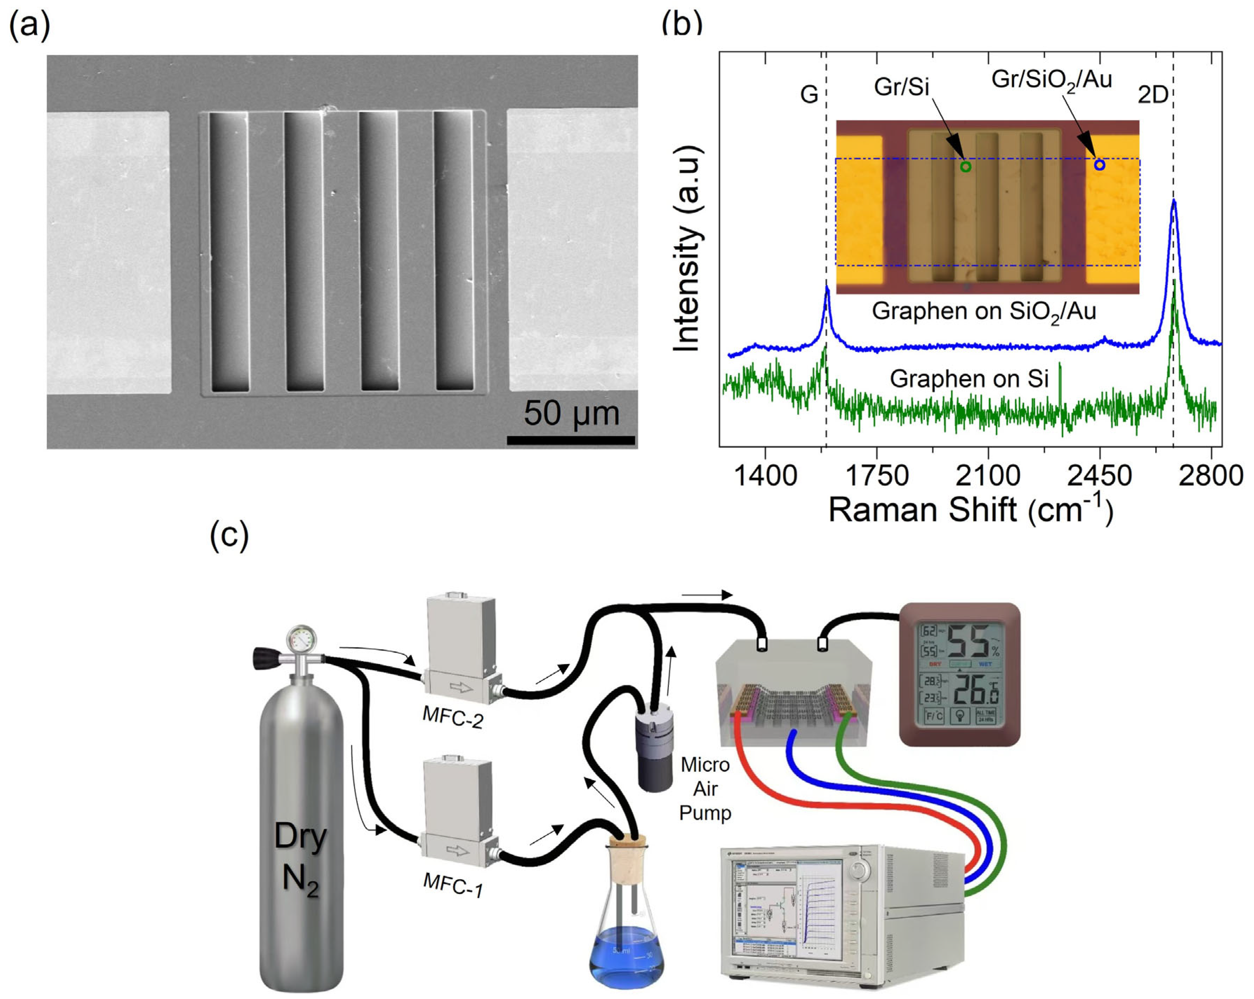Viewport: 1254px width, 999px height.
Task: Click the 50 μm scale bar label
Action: pyautogui.click(x=571, y=413)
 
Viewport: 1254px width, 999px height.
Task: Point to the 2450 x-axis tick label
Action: pyautogui.click(x=1099, y=476)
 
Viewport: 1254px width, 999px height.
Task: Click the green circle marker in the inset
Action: pyautogui.click(x=966, y=167)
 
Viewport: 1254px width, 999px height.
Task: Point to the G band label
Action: pyautogui.click(x=809, y=94)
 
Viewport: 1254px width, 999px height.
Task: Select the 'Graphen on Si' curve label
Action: pyautogui.click(x=969, y=379)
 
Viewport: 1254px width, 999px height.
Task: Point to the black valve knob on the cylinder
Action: pyautogui.click(x=261, y=658)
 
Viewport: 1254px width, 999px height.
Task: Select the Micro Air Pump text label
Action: pyautogui.click(x=705, y=789)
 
